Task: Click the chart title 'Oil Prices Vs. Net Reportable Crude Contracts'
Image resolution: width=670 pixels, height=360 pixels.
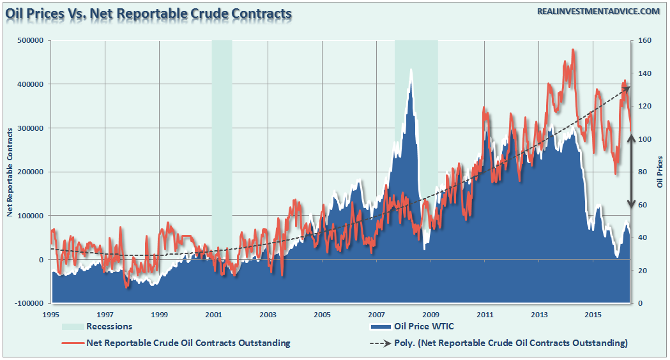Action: point(149,13)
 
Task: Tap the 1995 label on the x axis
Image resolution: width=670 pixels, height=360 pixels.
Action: point(51,315)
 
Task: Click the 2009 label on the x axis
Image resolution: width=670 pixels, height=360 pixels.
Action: point(431,315)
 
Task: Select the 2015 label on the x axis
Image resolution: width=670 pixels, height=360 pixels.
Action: point(594,315)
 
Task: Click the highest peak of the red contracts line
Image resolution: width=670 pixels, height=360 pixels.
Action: point(573,50)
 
